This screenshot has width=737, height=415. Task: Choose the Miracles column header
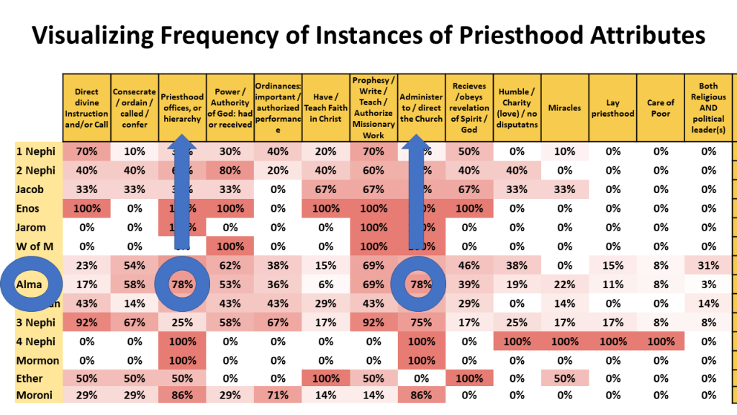pyautogui.click(x=564, y=108)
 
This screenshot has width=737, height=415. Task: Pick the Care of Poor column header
pyautogui.click(x=660, y=108)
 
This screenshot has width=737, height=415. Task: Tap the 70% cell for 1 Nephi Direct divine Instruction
pyautogui.click(x=86, y=151)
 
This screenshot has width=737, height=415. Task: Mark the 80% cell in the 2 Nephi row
pyautogui.click(x=230, y=170)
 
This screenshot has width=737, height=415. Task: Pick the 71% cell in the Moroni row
pyautogui.click(x=279, y=395)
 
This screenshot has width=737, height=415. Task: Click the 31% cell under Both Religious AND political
pyautogui.click(x=708, y=264)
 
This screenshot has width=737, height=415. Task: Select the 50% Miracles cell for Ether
pyautogui.click(x=564, y=378)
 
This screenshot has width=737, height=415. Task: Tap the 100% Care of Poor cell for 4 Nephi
pyautogui.click(x=660, y=340)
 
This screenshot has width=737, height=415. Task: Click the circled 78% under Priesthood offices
pyautogui.click(x=183, y=284)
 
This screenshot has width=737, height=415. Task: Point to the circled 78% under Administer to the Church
pyautogui.click(x=421, y=284)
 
